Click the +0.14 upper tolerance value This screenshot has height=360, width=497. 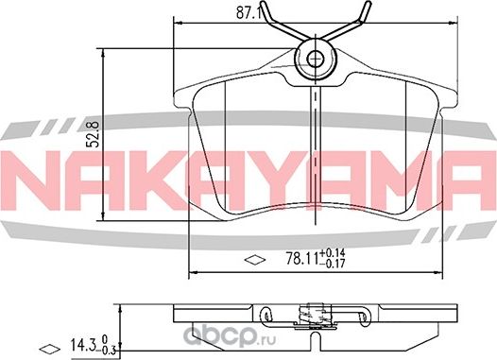(x=334, y=251)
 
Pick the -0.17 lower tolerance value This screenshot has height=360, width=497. (x=334, y=264)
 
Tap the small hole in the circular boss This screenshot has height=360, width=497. (x=317, y=60)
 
